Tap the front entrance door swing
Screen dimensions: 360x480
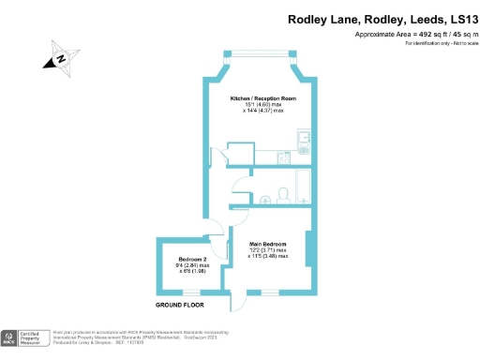pyautogui.click(x=238, y=302)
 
